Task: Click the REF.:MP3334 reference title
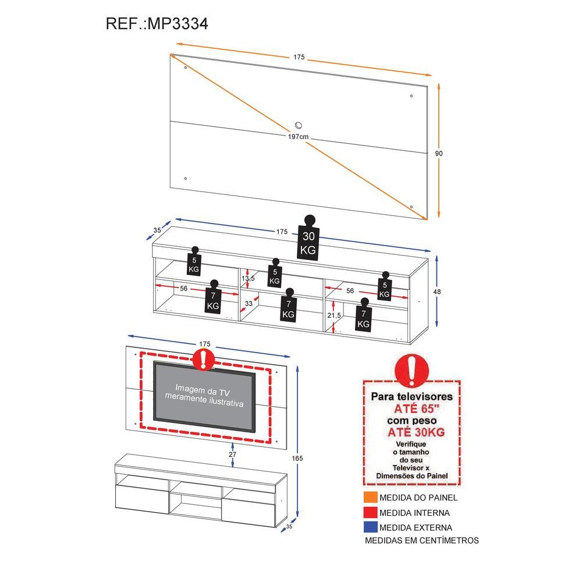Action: pyautogui.click(x=157, y=24)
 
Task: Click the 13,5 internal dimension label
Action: pyautogui.click(x=249, y=278)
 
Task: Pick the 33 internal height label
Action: pyautogui.click(x=249, y=303)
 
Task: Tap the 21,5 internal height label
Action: pyautogui.click(x=334, y=315)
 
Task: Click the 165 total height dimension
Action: pyautogui.click(x=297, y=458)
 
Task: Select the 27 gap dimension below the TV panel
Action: pyautogui.click(x=233, y=454)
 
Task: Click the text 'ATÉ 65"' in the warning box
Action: pyautogui.click(x=411, y=408)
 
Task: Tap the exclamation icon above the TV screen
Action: pyautogui.click(x=203, y=360)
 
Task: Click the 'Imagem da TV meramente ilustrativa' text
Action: pyautogui.click(x=204, y=395)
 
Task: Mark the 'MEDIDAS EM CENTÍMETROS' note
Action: pyautogui.click(x=421, y=541)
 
